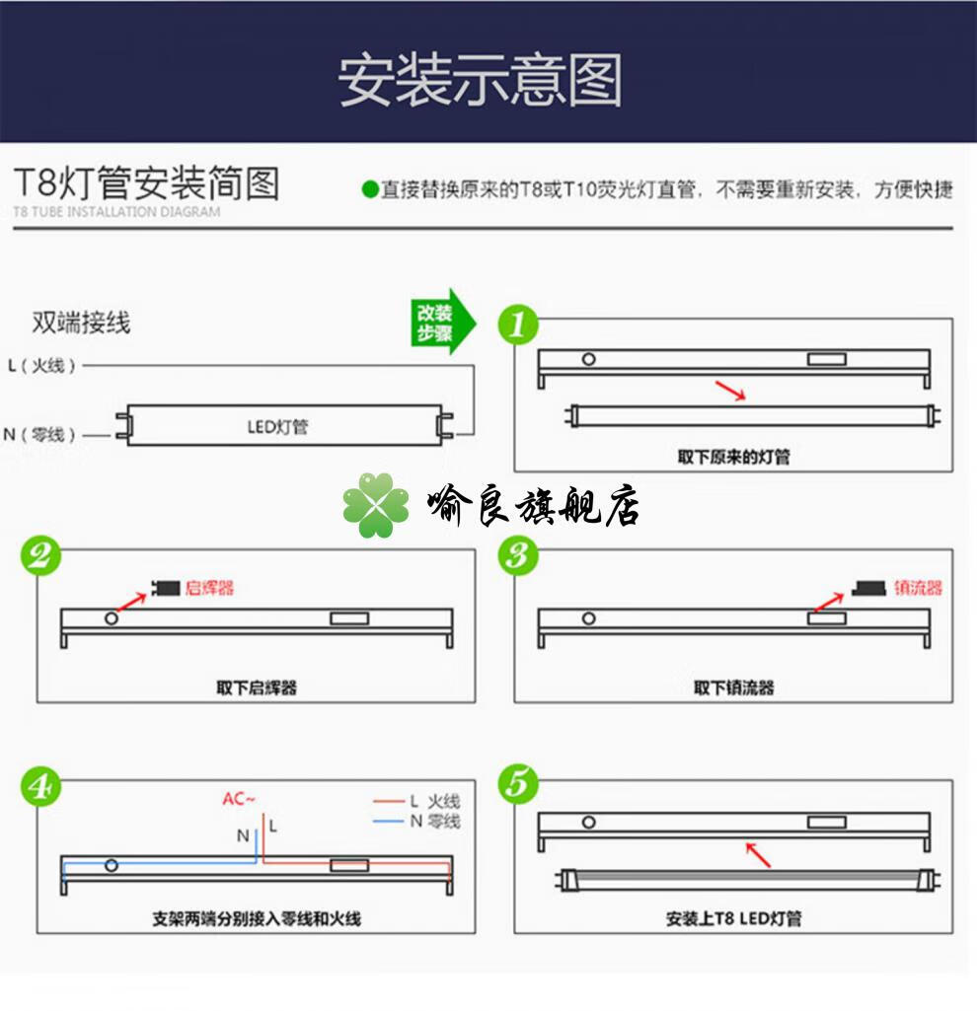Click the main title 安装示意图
481,81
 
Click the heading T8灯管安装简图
146,184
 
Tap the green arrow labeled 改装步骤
440,321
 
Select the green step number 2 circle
40,556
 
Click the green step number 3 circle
518,556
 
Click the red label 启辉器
210,588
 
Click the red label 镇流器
918,588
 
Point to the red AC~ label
238,799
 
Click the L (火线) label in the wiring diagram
41,366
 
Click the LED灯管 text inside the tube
277,427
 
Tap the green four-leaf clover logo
376,506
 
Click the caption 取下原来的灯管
733,457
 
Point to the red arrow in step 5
757,854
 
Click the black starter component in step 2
166,588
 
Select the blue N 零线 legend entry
416,821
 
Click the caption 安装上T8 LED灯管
733,918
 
